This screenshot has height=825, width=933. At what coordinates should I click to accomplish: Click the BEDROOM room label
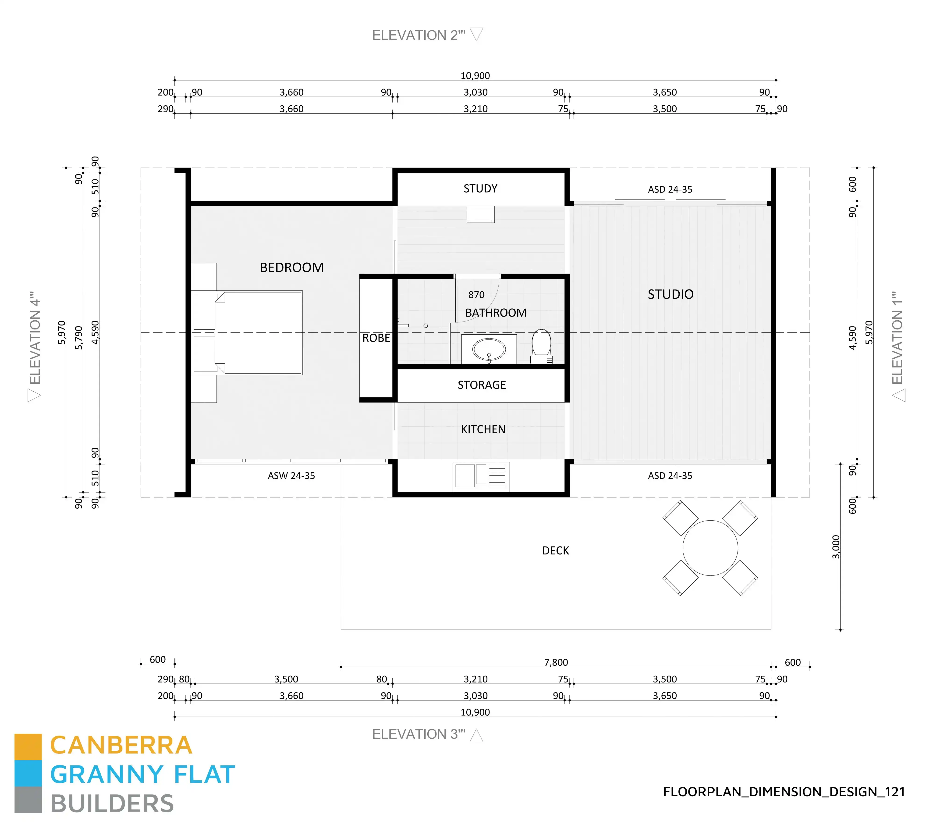[x=292, y=268]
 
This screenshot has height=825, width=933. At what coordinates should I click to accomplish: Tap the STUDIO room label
[x=670, y=294]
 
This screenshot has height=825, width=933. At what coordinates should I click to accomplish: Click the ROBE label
[x=376, y=338]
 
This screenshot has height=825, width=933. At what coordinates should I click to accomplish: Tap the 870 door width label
[x=476, y=295]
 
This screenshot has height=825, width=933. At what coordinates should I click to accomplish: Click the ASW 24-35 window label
[x=291, y=476]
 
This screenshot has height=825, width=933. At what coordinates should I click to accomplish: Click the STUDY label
[x=480, y=189]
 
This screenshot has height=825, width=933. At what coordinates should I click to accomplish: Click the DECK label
[x=555, y=551]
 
